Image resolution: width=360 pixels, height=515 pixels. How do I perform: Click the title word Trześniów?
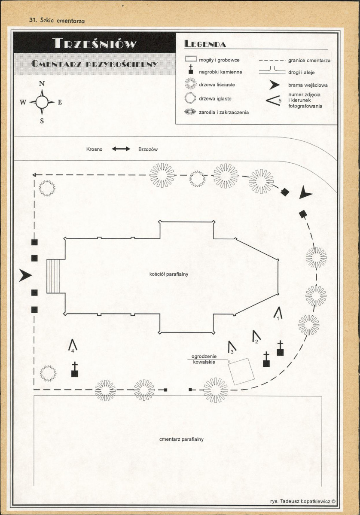click(x=94, y=43)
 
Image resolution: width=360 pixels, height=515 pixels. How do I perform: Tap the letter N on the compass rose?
click(x=42, y=83)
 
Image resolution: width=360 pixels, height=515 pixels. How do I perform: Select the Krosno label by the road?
click(x=94, y=149)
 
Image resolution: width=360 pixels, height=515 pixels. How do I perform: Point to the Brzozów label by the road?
click(x=148, y=149)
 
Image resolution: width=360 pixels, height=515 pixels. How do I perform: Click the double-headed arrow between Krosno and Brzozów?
click(x=121, y=149)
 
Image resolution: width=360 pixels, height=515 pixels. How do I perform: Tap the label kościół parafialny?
click(x=169, y=274)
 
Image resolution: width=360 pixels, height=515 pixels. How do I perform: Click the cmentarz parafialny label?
click(x=181, y=439)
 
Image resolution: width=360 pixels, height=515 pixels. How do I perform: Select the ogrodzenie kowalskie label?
click(x=204, y=359)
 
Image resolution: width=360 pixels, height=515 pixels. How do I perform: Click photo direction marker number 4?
click(x=73, y=346)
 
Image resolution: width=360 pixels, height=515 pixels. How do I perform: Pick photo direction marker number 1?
click(x=278, y=313)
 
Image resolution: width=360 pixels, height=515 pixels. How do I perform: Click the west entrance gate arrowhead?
click(x=25, y=275)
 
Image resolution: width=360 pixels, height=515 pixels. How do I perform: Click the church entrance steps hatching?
click(x=54, y=276)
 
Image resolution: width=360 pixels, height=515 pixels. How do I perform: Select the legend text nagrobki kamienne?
click(x=220, y=72)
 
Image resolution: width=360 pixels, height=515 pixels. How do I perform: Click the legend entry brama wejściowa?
click(x=308, y=85)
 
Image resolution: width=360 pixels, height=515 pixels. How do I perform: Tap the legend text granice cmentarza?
click(x=309, y=61)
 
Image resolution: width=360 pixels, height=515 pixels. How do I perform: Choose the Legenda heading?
click(x=205, y=44)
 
